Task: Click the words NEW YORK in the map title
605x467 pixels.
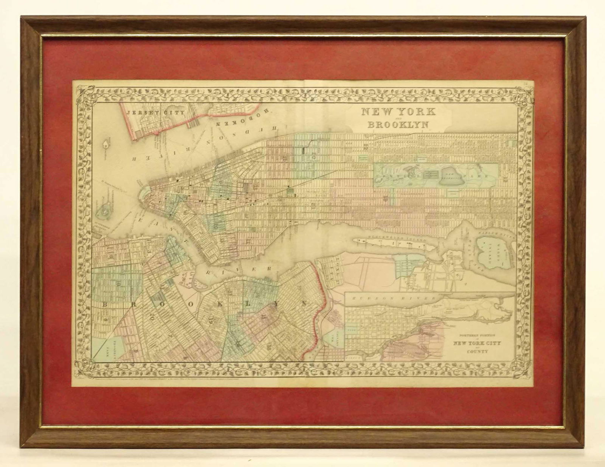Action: pos(393,112)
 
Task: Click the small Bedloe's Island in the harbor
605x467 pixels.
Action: pos(107,145)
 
